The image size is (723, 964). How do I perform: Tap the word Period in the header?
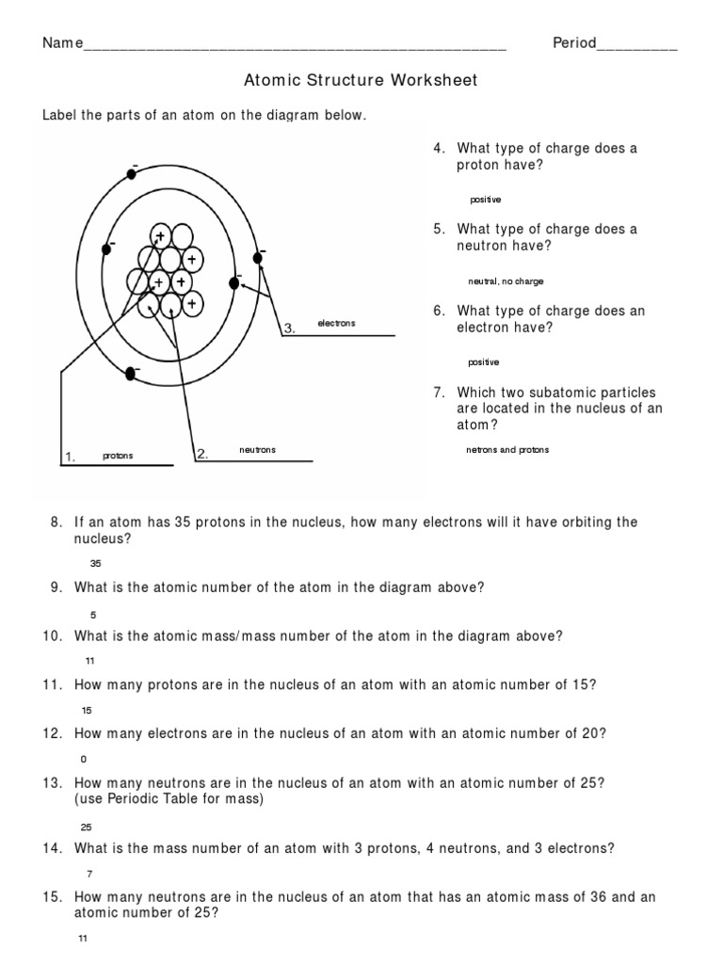tap(574, 43)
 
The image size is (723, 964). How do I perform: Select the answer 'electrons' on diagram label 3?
tap(336, 323)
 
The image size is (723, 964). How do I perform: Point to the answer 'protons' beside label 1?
tap(118, 456)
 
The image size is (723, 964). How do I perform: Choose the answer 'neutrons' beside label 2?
tap(257, 450)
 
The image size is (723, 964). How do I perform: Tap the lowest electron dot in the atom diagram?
tap(131, 375)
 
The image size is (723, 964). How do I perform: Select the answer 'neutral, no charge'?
tap(505, 281)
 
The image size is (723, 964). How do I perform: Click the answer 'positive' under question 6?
tap(483, 362)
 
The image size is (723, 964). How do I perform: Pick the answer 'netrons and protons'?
tap(506, 450)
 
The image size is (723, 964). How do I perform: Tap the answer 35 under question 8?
tap(94, 563)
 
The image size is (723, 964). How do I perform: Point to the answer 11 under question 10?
tap(90, 661)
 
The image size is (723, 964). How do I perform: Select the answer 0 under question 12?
tap(84, 757)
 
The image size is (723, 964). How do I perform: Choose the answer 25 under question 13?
tap(87, 827)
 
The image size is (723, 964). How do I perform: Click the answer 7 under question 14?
tap(89, 873)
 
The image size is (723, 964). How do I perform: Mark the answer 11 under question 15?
tap(83, 939)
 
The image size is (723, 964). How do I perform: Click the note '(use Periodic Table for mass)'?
tap(169, 799)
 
